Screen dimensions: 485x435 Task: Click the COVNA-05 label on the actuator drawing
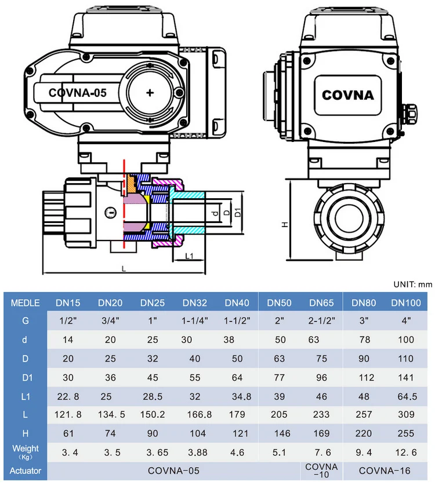[78, 93]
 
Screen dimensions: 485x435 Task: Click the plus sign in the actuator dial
[151, 93]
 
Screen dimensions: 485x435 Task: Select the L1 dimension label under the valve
[189, 256]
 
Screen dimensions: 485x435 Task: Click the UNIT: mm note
[412, 285]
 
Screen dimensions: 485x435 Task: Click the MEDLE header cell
[25, 302]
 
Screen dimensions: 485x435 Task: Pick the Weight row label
[25, 451]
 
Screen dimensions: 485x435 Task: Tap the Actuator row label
[25, 471]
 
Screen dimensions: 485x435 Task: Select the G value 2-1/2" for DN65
[321, 320]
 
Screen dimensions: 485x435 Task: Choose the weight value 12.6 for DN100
[405, 452]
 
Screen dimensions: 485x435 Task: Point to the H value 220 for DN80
[363, 433]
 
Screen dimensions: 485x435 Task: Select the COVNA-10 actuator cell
[321, 471]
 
